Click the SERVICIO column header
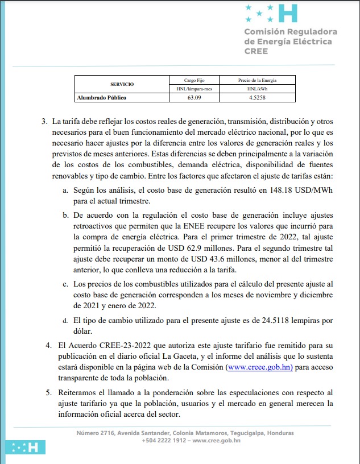point(122,84)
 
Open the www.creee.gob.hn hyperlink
point(259,367)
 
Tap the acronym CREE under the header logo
point(256,51)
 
